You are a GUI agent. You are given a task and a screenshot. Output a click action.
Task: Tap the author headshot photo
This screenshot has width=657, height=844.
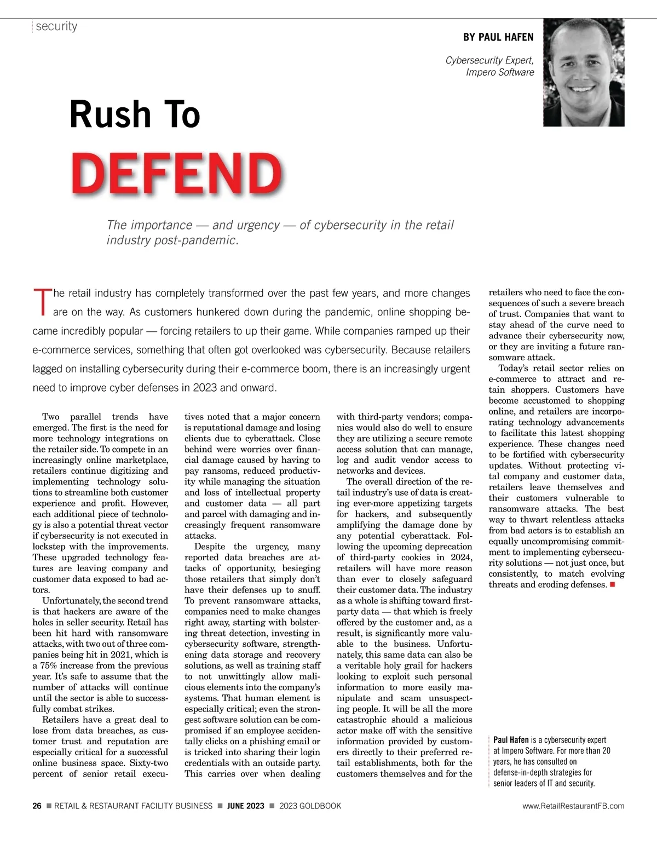pyautogui.click(x=584, y=72)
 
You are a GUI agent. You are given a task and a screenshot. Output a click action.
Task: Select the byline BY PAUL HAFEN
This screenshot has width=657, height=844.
pyautogui.click(x=498, y=37)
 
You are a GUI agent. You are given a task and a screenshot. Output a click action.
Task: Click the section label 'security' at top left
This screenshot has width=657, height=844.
pyautogui.click(x=56, y=26)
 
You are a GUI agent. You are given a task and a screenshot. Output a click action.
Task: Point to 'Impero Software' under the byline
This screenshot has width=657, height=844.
pyautogui.click(x=500, y=72)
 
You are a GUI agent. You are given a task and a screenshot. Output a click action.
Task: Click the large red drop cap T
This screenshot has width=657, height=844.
pyautogui.click(x=42, y=302)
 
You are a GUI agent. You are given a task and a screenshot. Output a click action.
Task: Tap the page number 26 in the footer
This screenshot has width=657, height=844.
pyautogui.click(x=37, y=806)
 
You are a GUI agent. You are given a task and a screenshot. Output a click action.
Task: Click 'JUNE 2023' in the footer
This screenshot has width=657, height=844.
pyautogui.click(x=246, y=806)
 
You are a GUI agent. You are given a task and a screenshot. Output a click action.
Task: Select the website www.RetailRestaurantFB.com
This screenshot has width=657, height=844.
pyautogui.click(x=573, y=806)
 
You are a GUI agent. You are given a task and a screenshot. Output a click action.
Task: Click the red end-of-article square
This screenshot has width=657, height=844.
pyautogui.click(x=612, y=585)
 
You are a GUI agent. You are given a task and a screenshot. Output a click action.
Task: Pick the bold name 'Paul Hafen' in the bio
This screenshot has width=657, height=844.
pyautogui.click(x=511, y=740)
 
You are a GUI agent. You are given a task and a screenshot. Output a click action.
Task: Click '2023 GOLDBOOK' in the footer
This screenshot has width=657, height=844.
pyautogui.click(x=310, y=806)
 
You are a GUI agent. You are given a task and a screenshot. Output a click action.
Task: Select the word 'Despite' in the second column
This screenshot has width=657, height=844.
pyautogui.click(x=210, y=547)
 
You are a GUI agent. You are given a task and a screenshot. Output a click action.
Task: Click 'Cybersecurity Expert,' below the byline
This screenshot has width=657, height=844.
pyautogui.click(x=489, y=60)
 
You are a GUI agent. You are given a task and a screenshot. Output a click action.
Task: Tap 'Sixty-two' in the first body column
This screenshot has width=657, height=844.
pyautogui.click(x=149, y=763)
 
